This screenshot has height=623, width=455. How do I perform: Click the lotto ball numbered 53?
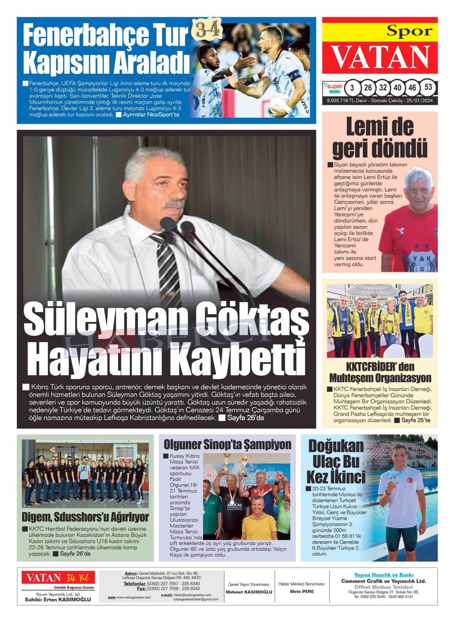(428, 88)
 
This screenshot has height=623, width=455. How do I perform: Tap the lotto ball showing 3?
(352, 88)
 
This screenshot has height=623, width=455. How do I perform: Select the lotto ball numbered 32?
(383, 88)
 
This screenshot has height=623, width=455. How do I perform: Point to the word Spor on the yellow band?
(410, 32)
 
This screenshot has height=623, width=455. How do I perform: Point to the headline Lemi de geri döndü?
(379, 137)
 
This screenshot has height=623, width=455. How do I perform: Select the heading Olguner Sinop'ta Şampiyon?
(227, 444)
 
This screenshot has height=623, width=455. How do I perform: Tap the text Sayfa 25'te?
(415, 420)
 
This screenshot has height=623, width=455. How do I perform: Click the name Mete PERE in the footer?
(302, 591)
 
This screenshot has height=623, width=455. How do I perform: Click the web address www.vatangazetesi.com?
(133, 597)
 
